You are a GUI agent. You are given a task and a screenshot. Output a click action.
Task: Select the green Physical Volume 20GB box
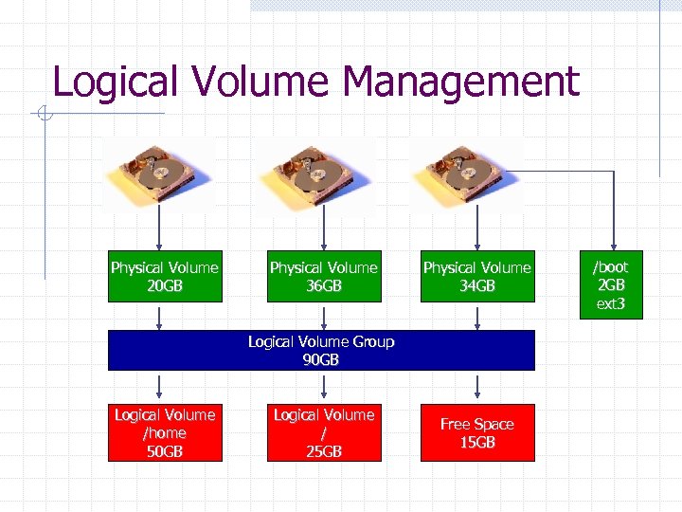tap(165, 276)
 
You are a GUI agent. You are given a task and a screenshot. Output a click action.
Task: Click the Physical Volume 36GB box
tap(324, 276)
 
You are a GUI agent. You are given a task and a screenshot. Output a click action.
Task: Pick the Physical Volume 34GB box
tap(477, 276)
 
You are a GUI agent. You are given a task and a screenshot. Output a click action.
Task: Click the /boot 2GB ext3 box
tap(611, 285)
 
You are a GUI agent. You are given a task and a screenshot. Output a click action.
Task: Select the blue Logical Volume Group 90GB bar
tap(321, 350)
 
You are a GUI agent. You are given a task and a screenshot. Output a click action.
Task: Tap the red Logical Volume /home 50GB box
tap(165, 433)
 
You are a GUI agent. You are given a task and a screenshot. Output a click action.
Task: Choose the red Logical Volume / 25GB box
tap(324, 433)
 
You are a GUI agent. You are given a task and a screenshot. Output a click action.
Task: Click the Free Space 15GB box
tap(477, 433)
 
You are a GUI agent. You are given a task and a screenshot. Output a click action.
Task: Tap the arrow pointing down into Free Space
tap(477, 387)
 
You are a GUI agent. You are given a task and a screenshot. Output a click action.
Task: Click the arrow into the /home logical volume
tap(159, 387)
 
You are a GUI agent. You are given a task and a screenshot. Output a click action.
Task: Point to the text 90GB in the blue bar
tap(321, 360)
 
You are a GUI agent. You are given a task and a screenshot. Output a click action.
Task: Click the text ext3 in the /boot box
tap(611, 304)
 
